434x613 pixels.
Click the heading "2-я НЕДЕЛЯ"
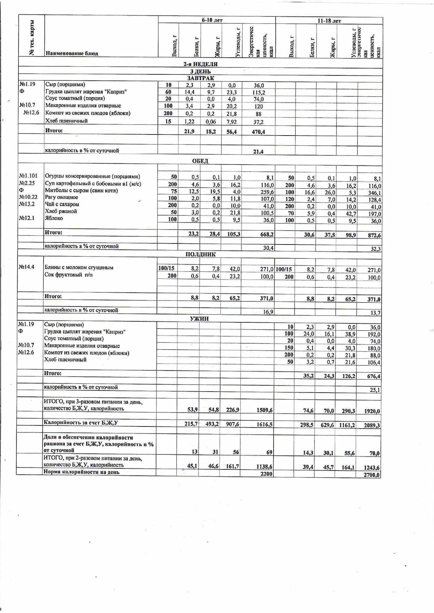point(201,64)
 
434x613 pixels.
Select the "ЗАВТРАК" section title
point(201,78)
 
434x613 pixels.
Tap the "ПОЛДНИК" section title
point(201,254)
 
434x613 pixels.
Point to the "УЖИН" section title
point(200,319)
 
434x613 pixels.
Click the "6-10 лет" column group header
point(212,20)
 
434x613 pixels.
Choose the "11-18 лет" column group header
point(329,21)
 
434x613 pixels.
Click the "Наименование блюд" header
point(72,53)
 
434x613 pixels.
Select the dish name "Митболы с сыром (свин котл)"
point(81,191)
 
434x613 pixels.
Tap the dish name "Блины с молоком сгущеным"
point(79,268)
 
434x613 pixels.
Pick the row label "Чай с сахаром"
point(62,204)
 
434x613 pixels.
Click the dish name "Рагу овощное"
point(62,197)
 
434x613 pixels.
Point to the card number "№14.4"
point(27,267)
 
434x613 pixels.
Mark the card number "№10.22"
point(28,197)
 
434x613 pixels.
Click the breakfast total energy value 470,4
point(258,132)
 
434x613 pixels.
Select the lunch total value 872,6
point(374,235)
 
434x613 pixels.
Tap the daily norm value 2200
point(267,474)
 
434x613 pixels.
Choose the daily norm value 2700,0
point(372,475)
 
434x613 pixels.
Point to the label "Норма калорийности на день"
point(81,472)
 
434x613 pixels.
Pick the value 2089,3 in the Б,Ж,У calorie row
point(372,425)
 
